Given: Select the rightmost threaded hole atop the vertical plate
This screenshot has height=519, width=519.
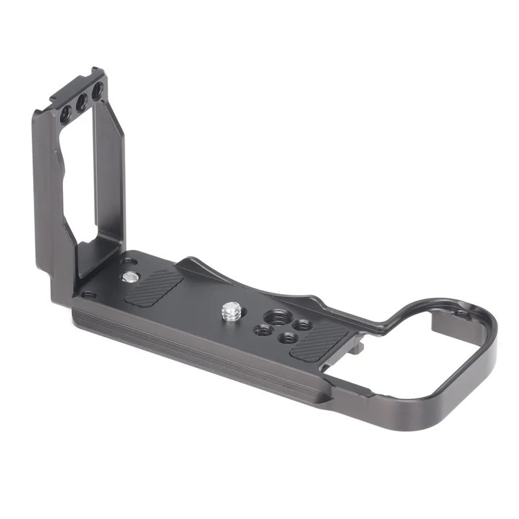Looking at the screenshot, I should tap(97, 92).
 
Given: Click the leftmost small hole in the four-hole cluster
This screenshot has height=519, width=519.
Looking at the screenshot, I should tap(263, 330).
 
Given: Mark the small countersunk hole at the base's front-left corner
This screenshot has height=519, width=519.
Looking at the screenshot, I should tap(87, 295).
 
